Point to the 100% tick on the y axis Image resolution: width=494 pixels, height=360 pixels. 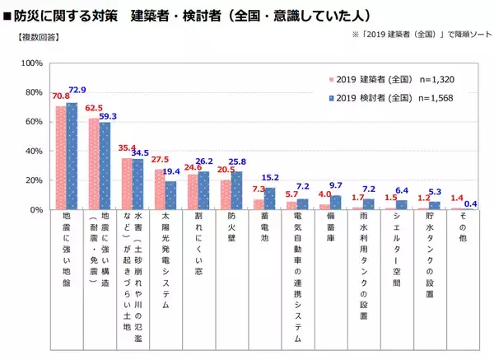(x=32, y=63)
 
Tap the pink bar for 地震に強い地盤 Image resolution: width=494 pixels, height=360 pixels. (x=61, y=157)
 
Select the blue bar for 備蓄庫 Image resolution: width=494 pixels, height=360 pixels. (x=335, y=202)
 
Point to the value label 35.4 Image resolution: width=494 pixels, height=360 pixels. (x=125, y=147)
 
